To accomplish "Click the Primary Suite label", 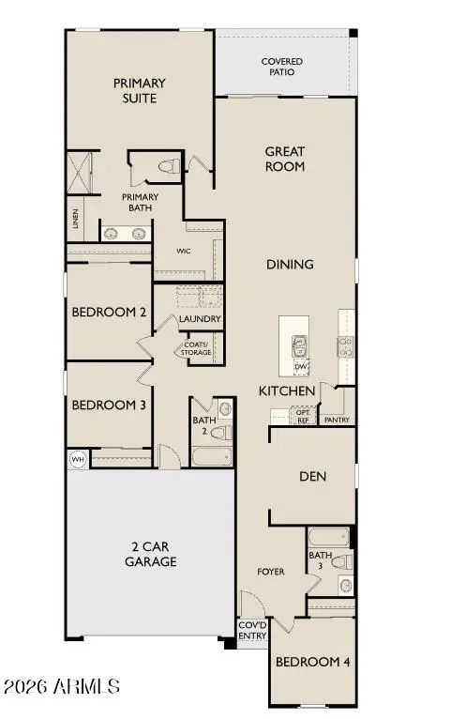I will point(134,90).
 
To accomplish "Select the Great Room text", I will point(285,159).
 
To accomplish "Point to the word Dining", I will point(289,265).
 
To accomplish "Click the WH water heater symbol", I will point(76,460).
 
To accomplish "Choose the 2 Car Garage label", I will point(151,555).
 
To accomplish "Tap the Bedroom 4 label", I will point(312,662).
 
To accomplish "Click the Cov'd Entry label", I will point(252,631).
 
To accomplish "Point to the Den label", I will point(312,477).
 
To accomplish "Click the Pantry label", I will point(337,420).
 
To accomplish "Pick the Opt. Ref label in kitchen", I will point(302,416).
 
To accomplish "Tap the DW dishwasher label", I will point(300,366).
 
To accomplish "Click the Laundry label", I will point(200,319).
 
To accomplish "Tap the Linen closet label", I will point(75,219).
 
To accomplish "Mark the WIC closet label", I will point(185,252).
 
